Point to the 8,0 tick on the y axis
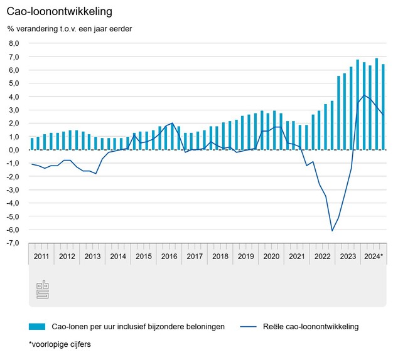click(x=14, y=43)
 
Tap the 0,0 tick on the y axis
click(x=14, y=150)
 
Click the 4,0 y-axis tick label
click(x=14, y=97)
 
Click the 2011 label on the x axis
click(x=41, y=257)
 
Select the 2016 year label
click(x=170, y=257)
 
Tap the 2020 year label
click(x=272, y=257)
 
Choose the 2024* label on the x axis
click(x=373, y=257)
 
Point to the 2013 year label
click(x=92, y=257)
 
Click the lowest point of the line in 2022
click(x=332, y=231)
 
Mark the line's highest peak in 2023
click(x=364, y=95)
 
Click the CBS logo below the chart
click(x=43, y=289)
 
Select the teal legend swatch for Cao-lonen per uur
click(x=37, y=326)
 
